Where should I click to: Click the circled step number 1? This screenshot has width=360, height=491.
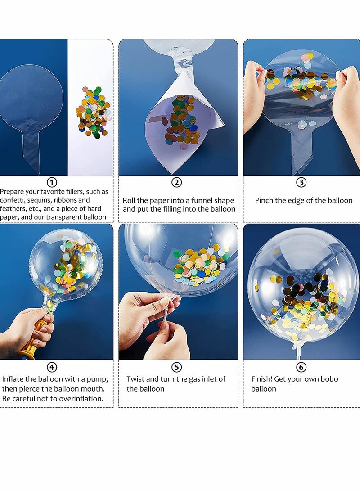pos(52,182)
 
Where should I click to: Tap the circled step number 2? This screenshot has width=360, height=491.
pos(177,182)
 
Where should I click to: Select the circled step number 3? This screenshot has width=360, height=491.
pos(301,182)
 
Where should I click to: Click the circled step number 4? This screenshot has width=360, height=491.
pos(52,367)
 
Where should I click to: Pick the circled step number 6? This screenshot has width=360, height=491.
pos(301,367)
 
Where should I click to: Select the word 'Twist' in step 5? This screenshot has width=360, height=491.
pos(136,379)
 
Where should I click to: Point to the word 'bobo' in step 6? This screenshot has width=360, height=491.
pos(329,379)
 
